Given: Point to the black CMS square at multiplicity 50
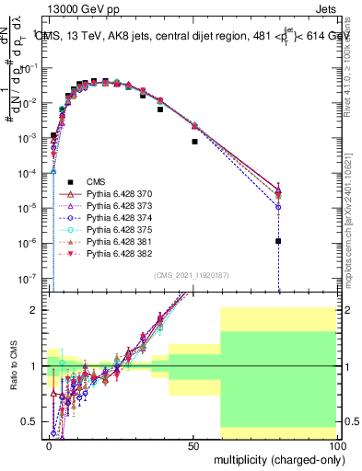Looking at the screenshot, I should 195,142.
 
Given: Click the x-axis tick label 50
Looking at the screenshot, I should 193,444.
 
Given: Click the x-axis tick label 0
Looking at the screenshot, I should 49,444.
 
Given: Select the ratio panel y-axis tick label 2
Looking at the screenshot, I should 36,310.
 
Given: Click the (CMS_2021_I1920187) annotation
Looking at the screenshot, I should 193,275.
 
